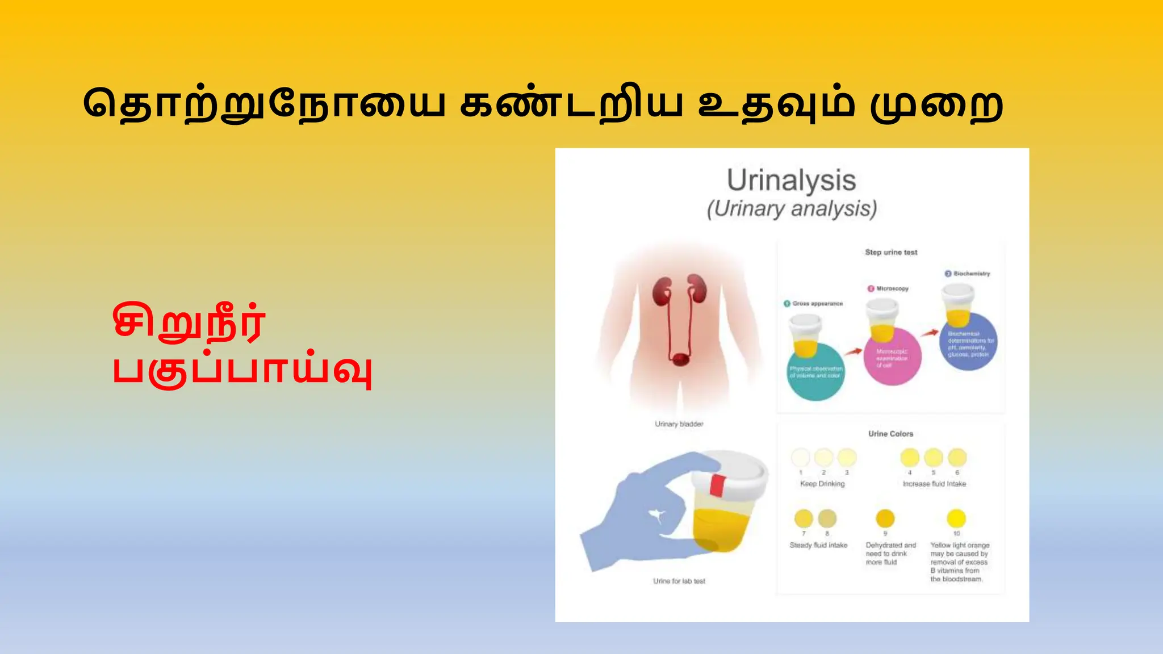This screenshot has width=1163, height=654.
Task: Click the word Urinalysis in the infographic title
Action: coord(791,181)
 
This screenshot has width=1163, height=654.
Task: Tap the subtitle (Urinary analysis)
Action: coord(792,209)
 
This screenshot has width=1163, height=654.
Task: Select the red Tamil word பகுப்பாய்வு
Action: coord(242,371)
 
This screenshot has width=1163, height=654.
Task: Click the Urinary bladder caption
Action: coord(679,424)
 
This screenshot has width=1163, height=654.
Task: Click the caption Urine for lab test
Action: coord(679,581)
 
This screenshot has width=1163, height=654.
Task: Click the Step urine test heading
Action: coord(891,252)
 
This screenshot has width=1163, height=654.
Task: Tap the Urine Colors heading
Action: coord(890,434)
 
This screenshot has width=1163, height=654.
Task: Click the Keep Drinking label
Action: coord(822,484)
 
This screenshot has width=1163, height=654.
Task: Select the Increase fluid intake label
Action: coord(934,484)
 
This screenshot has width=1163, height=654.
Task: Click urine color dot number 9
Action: coord(885,518)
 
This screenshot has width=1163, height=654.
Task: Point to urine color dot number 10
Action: coord(956,518)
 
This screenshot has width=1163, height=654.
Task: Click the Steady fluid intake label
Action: coord(818,545)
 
